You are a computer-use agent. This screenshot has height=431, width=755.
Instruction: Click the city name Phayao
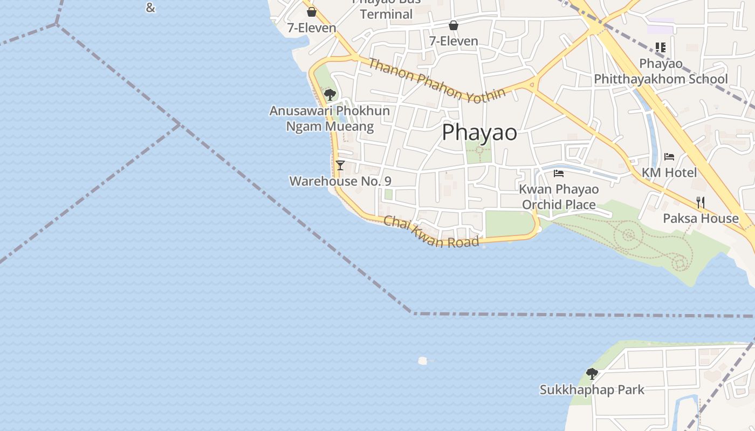[x=479, y=133]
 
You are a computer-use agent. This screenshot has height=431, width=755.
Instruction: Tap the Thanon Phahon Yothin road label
[x=437, y=79]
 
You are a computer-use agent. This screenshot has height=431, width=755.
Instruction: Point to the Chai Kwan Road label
[x=431, y=232]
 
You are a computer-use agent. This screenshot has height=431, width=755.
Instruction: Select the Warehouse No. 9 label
[x=340, y=181]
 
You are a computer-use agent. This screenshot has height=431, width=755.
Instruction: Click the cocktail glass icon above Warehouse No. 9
[x=340, y=165]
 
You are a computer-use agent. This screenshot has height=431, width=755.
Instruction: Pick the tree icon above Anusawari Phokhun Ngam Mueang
[x=330, y=95]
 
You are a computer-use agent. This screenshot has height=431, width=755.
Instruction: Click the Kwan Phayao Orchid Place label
[x=559, y=197]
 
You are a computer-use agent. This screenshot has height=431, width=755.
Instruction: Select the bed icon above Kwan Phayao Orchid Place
[x=559, y=173]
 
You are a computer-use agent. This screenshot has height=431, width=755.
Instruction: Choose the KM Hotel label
[x=669, y=172]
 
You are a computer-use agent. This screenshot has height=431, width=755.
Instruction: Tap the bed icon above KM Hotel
[x=669, y=157]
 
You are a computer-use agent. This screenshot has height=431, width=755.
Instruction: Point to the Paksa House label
[x=701, y=218]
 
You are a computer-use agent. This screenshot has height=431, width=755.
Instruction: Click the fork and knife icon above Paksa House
[x=701, y=203]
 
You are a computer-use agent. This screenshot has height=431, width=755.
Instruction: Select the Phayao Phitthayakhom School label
[x=661, y=72]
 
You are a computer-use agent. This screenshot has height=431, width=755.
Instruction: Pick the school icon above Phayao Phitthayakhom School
[x=661, y=47]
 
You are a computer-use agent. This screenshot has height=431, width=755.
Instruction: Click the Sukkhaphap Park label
[x=592, y=390]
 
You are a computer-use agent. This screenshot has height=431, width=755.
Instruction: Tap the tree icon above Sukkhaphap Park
[x=592, y=373]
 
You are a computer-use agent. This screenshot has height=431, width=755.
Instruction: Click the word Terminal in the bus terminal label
[x=386, y=14]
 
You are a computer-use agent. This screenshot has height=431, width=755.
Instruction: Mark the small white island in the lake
[x=423, y=360]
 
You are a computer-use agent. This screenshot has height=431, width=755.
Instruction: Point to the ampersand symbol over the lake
[x=150, y=8]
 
